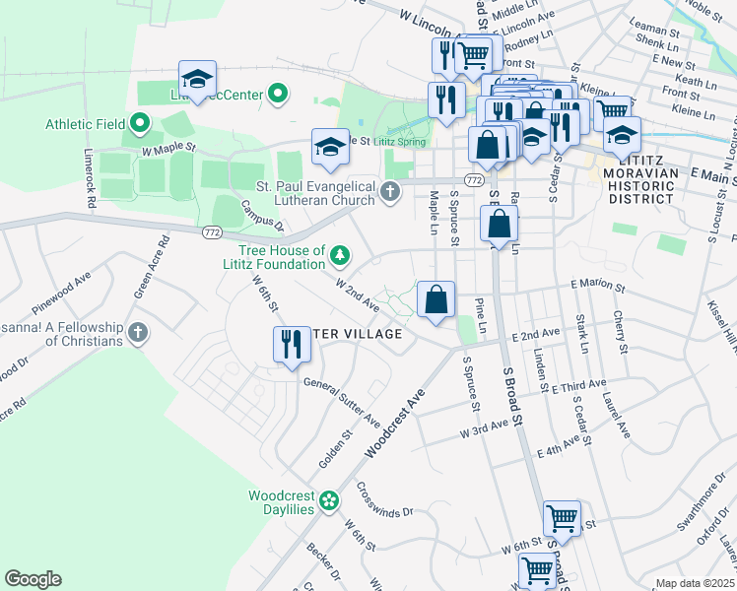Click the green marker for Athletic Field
[139, 124]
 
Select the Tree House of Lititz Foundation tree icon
[340, 256]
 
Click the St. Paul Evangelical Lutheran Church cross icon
[391, 191]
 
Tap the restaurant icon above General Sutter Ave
[290, 346]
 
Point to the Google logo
[33, 579]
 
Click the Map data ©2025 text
[695, 583]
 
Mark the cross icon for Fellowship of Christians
[139, 333]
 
